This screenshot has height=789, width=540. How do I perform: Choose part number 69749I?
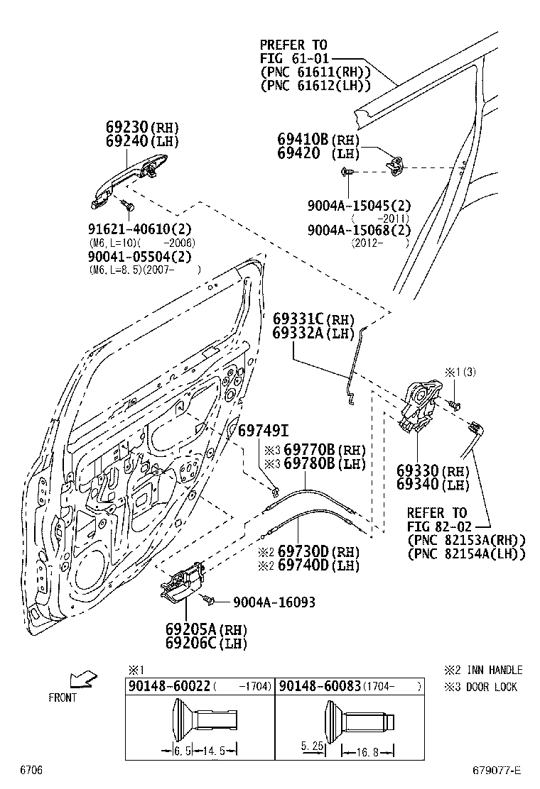pyautogui.click(x=262, y=431)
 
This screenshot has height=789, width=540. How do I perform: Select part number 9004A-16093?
pyautogui.click(x=274, y=602)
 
